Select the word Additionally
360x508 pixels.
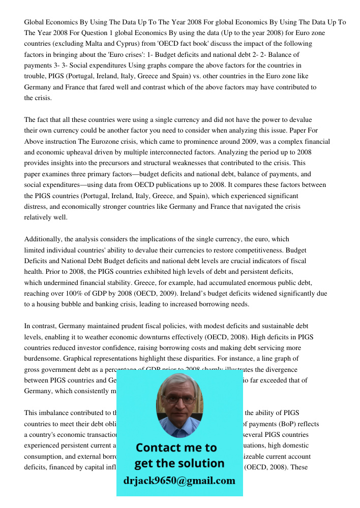44,239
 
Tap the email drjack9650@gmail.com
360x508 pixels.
179,481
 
